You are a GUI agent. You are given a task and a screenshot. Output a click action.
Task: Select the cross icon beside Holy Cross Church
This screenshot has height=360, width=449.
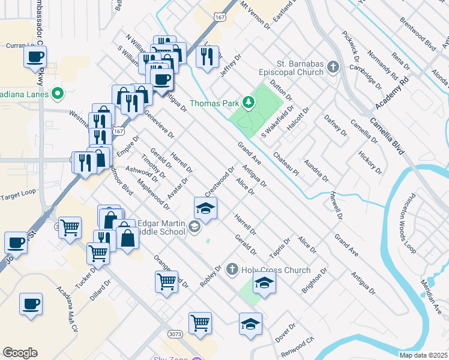[x=232, y=271]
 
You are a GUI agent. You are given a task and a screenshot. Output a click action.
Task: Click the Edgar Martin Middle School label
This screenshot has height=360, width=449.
[x=158, y=226]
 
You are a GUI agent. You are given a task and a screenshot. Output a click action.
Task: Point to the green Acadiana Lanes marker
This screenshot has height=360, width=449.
[x=57, y=93]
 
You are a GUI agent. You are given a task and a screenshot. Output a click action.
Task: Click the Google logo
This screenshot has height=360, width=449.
[x=20, y=353]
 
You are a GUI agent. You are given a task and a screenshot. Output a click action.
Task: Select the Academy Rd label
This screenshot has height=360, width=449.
[x=392, y=92]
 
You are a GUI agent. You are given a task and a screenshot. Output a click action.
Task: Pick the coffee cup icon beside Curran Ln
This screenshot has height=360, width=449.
[x=35, y=58]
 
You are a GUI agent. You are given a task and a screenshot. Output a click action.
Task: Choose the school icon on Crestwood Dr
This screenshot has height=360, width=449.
[x=205, y=208]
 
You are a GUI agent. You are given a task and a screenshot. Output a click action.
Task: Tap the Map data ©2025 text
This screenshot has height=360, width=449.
[x=423, y=355]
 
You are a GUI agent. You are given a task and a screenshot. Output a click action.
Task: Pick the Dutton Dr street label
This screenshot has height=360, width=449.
[x=280, y=89]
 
